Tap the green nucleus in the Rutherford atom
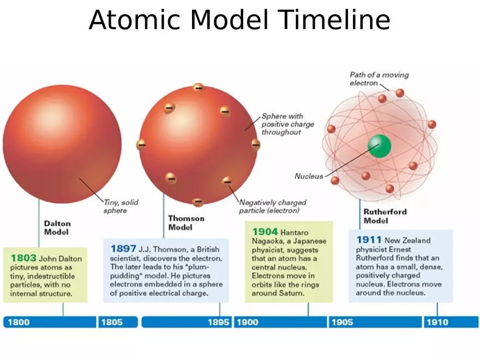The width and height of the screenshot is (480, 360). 380,145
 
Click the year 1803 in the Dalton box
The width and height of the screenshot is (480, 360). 23,257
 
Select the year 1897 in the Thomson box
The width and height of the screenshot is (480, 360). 123,249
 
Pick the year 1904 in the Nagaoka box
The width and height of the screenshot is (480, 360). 265,232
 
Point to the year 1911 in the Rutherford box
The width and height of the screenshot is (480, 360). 369,239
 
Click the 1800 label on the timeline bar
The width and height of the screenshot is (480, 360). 19,322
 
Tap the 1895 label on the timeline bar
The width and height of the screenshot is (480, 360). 218,322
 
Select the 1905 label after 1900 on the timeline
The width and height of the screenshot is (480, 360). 342,322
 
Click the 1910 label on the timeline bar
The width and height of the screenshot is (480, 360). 437,322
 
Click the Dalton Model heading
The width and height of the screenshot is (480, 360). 57,227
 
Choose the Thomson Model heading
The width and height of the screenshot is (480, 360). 186,223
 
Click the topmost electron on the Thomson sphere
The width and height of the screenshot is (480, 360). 199,87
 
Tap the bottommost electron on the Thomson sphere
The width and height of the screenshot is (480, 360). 198,202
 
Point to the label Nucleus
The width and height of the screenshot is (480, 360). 309,176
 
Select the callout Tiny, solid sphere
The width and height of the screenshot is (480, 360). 121,206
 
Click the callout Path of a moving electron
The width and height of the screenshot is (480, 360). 379,79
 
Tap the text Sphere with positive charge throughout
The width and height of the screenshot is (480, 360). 287,124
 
